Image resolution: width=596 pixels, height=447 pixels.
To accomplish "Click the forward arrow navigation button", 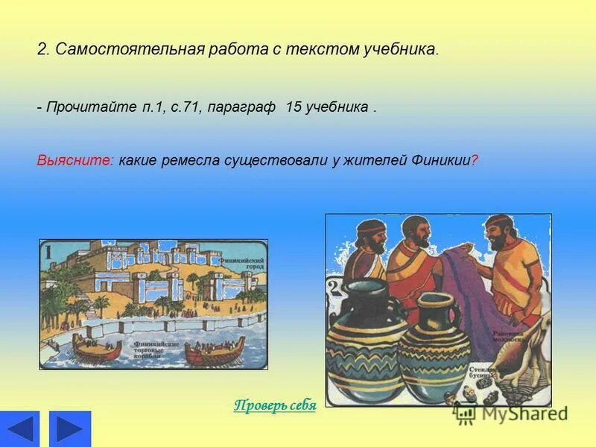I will coord(69,428).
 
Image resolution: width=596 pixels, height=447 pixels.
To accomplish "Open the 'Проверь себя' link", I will coord(275,405).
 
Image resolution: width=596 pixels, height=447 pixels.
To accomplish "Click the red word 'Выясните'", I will coord(75,161).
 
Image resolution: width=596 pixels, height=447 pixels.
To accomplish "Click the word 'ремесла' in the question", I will coord(191,161).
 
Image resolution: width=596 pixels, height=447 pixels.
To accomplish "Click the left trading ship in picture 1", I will coord(97,348).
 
